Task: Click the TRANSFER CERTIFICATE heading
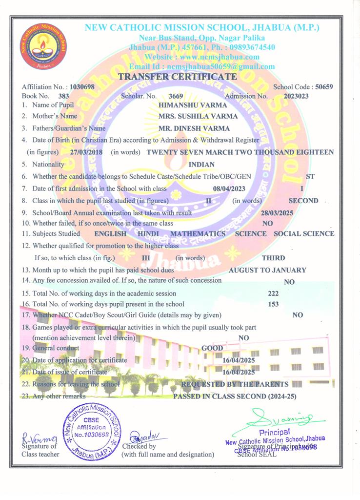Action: (x=178, y=77)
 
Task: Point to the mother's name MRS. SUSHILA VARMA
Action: (x=198, y=117)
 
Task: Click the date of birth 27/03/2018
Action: (x=87, y=152)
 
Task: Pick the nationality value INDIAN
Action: (x=201, y=165)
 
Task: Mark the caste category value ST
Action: (x=310, y=176)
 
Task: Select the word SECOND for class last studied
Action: (x=303, y=201)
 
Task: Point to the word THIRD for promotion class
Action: (x=274, y=258)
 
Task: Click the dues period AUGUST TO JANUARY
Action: (x=267, y=270)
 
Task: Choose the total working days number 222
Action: (x=274, y=293)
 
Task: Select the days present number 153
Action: (x=274, y=304)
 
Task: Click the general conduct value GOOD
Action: (x=212, y=348)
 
